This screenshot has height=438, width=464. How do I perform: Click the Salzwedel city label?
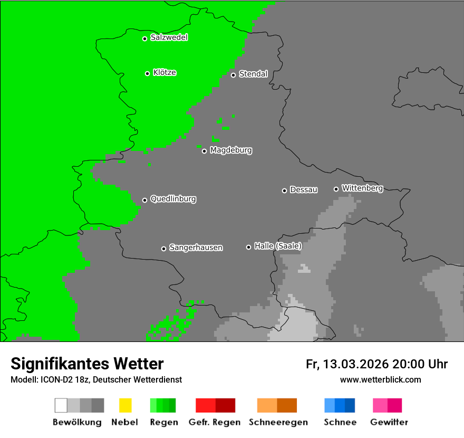169,37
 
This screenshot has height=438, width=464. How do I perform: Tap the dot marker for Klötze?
147,73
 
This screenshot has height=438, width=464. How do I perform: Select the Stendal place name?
253,74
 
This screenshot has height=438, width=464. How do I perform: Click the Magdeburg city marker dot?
204,151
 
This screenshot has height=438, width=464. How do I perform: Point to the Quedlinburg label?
173,199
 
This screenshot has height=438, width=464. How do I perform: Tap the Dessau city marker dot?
284,191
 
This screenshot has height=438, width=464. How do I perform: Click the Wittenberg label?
362,188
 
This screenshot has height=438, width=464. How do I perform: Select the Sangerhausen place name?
196,247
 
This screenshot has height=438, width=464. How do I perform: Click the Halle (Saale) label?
278,246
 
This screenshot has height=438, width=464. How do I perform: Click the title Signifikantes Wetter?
87,364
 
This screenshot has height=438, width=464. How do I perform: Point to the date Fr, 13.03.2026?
347,364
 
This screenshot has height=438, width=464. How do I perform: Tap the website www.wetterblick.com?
380,379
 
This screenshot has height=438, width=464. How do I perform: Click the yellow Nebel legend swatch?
125,405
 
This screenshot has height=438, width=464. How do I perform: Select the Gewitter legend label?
389,422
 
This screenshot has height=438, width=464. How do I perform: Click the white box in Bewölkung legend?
61,405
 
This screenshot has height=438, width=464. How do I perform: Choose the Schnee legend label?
340,422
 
